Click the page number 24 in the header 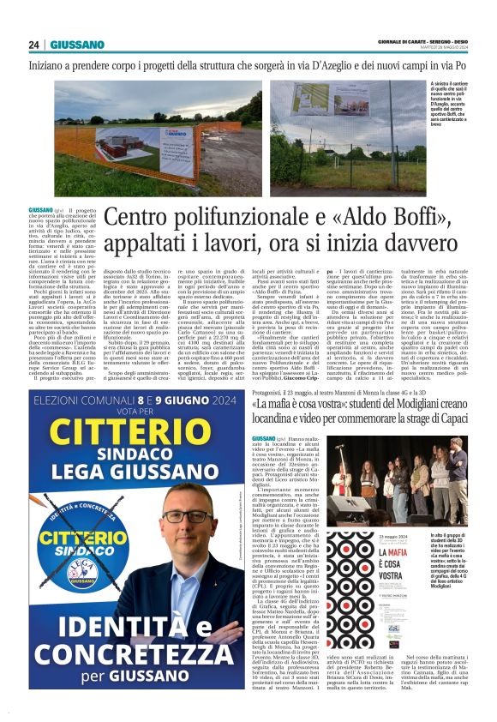coord(34,45)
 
